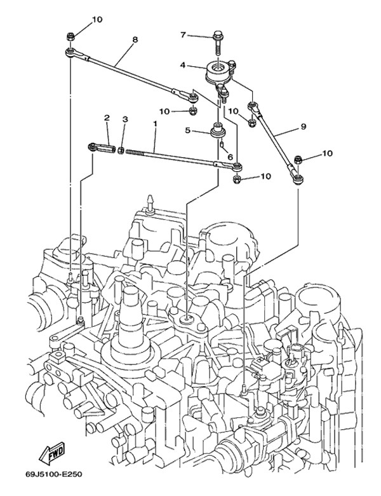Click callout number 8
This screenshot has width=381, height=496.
click(134, 39)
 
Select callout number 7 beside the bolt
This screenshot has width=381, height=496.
click(183, 34)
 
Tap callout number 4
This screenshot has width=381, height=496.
click(182, 65)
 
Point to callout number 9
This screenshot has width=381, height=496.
click(304, 127)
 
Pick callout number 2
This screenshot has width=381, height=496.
click(107, 118)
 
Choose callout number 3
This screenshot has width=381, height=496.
click(125, 119)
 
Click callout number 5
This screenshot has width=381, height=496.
click(187, 130)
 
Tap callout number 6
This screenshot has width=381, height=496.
click(231, 157)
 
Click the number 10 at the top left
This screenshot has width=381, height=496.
click(97, 20)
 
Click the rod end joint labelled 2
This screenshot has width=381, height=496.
click(102, 148)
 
